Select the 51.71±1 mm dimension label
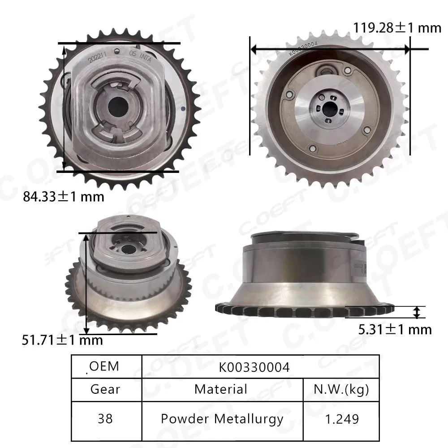click(x=62, y=340)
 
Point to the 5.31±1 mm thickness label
click(x=395, y=330)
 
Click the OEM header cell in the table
click(x=104, y=366)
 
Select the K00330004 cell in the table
click(x=254, y=367)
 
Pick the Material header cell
click(x=221, y=389)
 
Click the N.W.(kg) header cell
click(x=341, y=389)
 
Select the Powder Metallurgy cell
click(x=222, y=419)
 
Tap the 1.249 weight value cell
click(x=341, y=419)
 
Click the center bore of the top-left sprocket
click(x=117, y=106)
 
